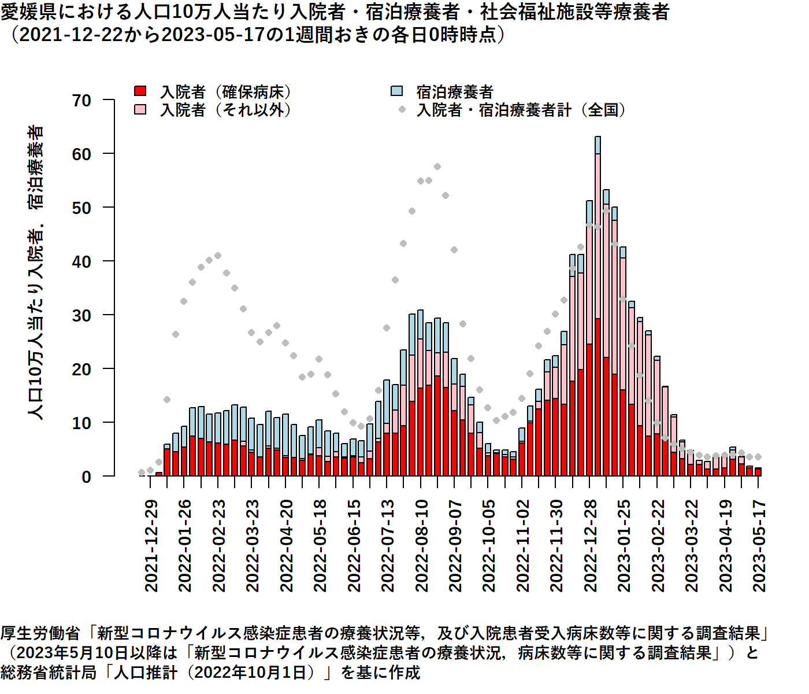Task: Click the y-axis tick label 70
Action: pyautogui.click(x=81, y=101)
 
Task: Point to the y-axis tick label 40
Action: pyautogui.click(x=81, y=262)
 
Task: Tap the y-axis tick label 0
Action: pyautogui.click(x=87, y=477)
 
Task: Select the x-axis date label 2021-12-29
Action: pyautogui.click(x=151, y=546)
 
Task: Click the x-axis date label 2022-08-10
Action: pyautogui.click(x=422, y=546)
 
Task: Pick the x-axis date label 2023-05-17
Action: pyautogui.click(x=759, y=546)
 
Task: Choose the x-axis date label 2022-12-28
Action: pyautogui.click(x=591, y=546)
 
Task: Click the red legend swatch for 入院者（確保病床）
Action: pyautogui.click(x=140, y=91)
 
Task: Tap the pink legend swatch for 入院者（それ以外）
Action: pyautogui.click(x=140, y=109)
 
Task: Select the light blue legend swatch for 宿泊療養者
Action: pyautogui.click(x=396, y=91)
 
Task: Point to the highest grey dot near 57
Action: pyautogui.click(x=437, y=167)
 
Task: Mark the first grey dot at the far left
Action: pyautogui.click(x=142, y=472)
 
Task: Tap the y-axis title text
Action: pyautogui.click(x=36, y=272)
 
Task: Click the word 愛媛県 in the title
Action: pyautogui.click(x=24, y=12)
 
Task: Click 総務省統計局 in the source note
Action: pyautogui.click(x=49, y=673)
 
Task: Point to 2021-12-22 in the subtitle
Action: pyautogui.click(x=71, y=35)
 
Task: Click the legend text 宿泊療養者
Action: pyautogui.click(x=455, y=91)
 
